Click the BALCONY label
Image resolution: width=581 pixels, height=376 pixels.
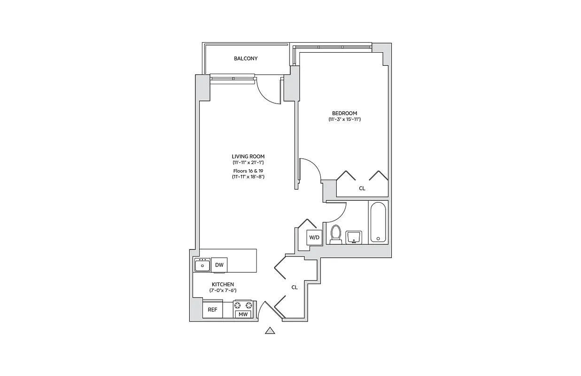point(246,58)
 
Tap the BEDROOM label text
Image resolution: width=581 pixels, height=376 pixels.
point(344,113)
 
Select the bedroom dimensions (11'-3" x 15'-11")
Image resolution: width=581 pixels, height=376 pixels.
point(344,119)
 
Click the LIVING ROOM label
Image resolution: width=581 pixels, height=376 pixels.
point(248,157)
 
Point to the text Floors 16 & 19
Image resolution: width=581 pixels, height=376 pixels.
point(248,171)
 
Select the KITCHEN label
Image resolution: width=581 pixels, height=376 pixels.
point(223,284)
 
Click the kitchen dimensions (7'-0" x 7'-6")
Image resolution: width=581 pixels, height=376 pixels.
point(223,290)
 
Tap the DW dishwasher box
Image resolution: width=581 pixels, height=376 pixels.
point(219,265)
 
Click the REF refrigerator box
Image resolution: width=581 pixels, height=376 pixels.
point(212,310)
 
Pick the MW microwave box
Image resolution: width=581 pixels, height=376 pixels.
point(243,314)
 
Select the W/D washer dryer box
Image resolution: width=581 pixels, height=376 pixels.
point(314,237)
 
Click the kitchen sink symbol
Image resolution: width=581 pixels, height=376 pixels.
point(202,265)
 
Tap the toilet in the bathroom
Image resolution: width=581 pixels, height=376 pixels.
point(335,235)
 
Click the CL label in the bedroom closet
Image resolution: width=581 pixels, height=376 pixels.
point(362,188)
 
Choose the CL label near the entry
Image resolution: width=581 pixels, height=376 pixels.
point(294,287)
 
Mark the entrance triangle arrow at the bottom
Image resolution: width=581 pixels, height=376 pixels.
point(270,331)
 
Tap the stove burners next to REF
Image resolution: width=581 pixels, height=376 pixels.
point(243,305)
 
